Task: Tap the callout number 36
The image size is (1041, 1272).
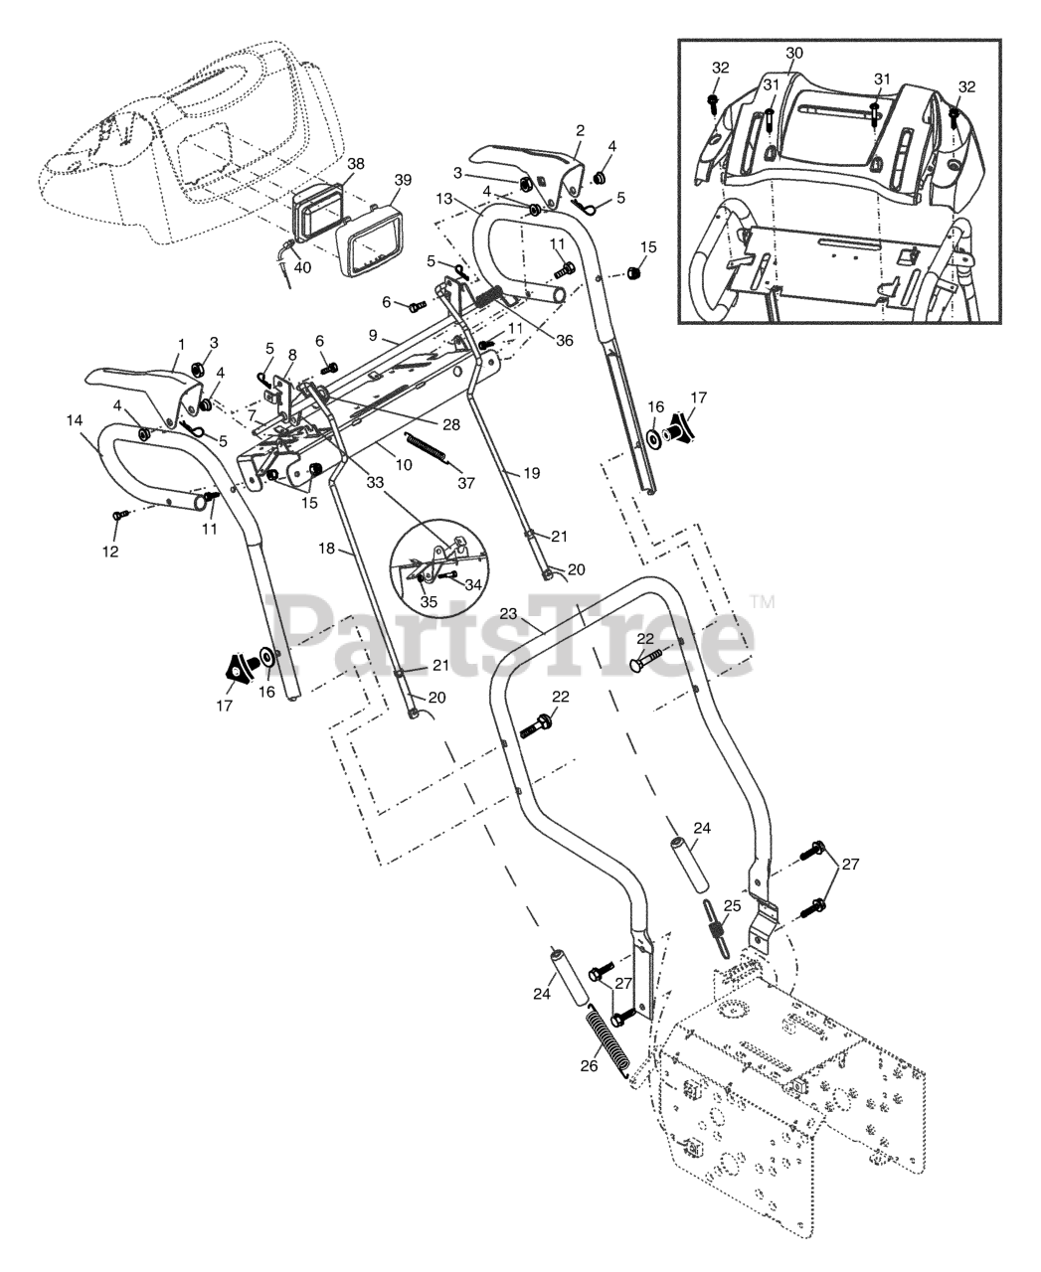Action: coord(565,340)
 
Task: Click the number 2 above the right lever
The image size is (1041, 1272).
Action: coord(580,130)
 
